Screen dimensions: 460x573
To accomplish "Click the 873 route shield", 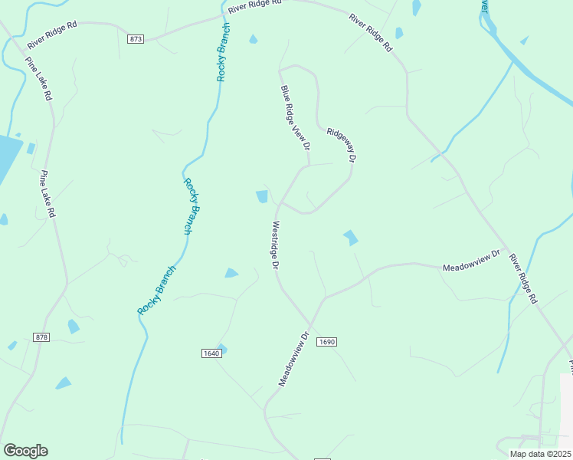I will point(136,38).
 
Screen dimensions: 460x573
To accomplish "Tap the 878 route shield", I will point(41,337).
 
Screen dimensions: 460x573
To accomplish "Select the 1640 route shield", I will point(211,353).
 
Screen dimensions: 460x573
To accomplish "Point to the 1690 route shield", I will point(326,342).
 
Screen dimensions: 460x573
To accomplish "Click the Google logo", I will point(25,450).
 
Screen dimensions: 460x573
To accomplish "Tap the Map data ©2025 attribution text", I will point(540,454).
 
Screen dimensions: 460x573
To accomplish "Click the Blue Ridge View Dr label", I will point(295,117).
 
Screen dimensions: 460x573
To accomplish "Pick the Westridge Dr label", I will point(273,245).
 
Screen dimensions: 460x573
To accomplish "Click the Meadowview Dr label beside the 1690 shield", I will point(293,358).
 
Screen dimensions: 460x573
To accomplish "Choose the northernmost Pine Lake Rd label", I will point(38,79).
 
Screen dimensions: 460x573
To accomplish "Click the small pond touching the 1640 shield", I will point(222,348).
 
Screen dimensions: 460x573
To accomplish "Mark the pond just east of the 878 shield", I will point(73,327).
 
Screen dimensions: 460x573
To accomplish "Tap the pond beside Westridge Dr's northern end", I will point(262,197).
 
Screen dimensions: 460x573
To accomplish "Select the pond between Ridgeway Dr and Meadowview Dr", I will point(351,238).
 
